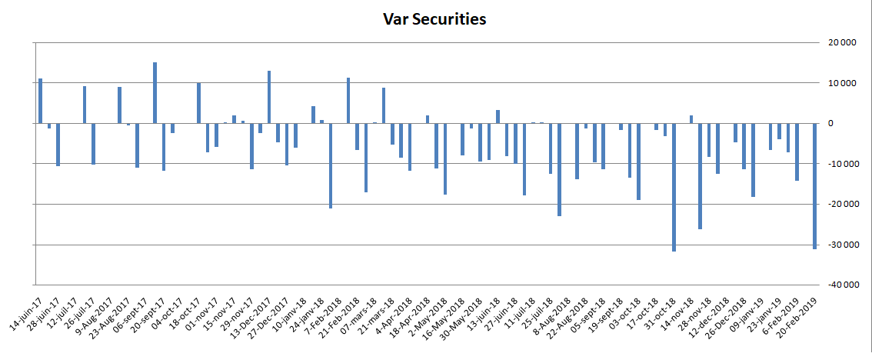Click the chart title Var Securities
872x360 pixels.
pyautogui.click(x=434, y=20)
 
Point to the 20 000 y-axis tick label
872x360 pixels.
pyautogui.click(x=839, y=43)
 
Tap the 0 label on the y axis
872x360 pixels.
pyautogui.click(x=850, y=124)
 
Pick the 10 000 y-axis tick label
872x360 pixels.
pyautogui.click(x=839, y=83)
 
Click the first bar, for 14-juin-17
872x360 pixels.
pyautogui.click(x=40, y=101)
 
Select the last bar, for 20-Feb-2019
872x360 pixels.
pyautogui.click(x=814, y=185)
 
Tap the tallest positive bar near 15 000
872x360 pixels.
pyautogui.click(x=155, y=92)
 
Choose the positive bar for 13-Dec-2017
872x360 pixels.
pyautogui.click(x=269, y=97)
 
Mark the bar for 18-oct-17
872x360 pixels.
pyautogui.click(x=198, y=103)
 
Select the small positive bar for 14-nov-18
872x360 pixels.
pyautogui.click(x=691, y=119)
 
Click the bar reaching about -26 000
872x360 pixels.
pyautogui.click(x=700, y=175)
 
